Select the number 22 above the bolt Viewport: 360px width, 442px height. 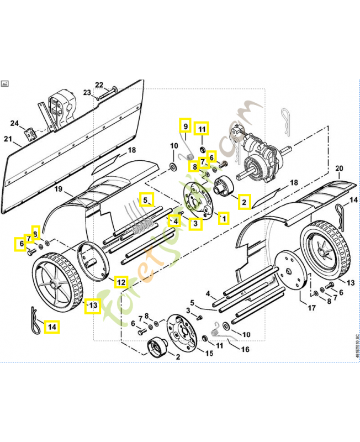click(x=99, y=85)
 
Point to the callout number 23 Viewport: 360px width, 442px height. click(x=87, y=92)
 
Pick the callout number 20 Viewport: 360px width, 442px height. click(x=339, y=168)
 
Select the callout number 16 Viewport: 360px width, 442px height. click(x=246, y=349)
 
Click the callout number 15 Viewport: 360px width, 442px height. click(x=209, y=352)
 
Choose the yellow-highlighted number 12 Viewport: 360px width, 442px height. click(x=121, y=282)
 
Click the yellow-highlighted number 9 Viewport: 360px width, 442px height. click(x=186, y=126)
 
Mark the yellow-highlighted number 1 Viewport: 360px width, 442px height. click(x=224, y=218)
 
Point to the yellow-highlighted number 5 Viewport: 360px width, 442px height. click(x=146, y=199)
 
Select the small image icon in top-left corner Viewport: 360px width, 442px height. click(x=5, y=83)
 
